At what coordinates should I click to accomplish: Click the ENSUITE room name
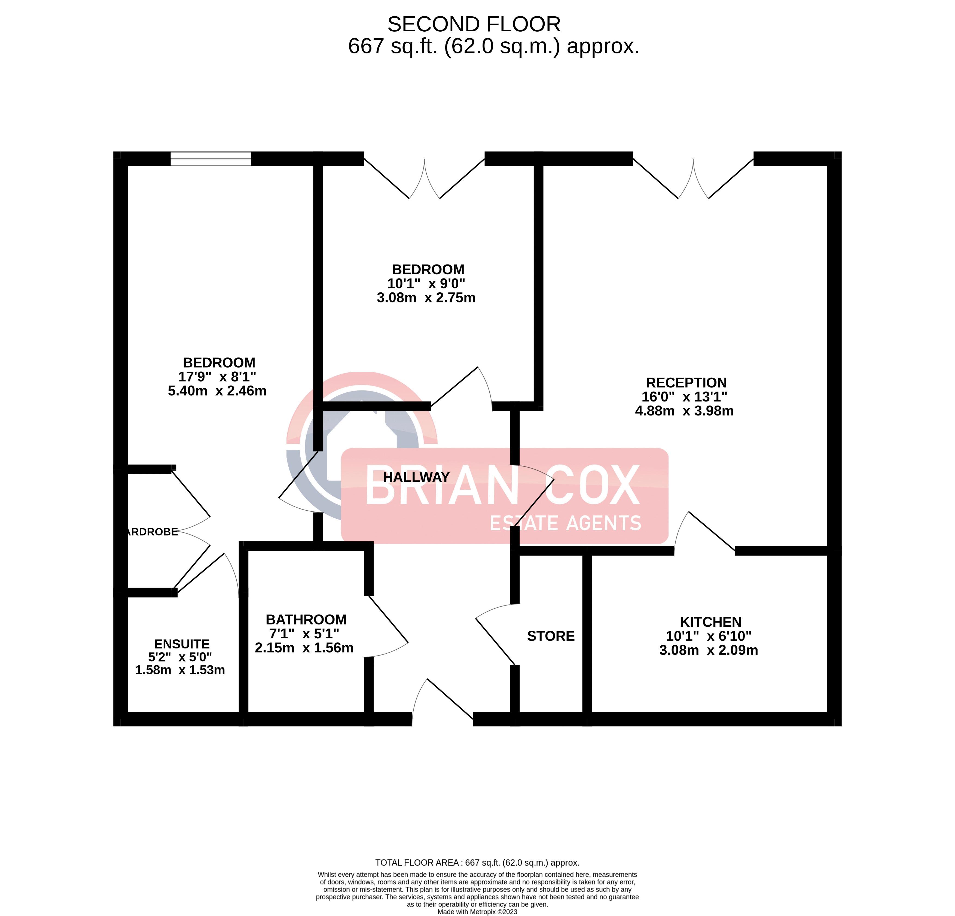pos(182,644)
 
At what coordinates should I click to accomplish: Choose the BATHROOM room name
pos(306,620)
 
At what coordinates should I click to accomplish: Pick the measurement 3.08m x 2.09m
pos(709,650)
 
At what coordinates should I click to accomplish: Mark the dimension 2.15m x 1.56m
pos(304,648)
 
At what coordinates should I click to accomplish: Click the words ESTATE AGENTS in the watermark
pos(565,524)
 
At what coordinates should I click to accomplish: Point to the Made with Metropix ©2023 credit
pos(477,912)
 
